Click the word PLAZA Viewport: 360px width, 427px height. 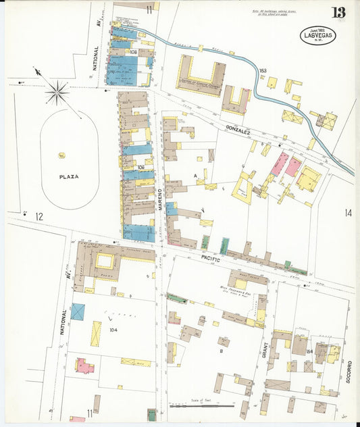click(x=68, y=176)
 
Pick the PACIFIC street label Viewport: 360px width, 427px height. click(x=212, y=257)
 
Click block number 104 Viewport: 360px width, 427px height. click(x=113, y=330)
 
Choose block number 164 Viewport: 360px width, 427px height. click(x=309, y=351)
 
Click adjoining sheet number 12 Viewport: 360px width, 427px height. click(x=39, y=216)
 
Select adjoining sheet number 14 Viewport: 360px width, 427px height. click(x=348, y=213)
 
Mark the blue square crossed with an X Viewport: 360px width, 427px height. click(x=78, y=312)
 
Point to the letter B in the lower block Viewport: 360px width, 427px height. click(x=221, y=351)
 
